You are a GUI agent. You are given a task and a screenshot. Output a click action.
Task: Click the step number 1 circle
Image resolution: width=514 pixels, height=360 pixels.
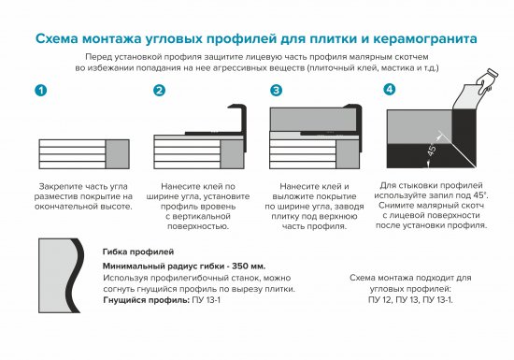40,91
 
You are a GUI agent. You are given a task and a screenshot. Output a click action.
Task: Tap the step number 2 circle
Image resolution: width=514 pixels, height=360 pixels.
159,91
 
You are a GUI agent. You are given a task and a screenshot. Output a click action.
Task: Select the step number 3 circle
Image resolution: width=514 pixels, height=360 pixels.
276,91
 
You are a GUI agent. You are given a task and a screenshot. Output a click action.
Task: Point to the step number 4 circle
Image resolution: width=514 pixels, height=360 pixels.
389,90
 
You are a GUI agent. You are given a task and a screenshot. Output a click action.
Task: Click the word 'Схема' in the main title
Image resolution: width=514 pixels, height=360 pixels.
59,39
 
